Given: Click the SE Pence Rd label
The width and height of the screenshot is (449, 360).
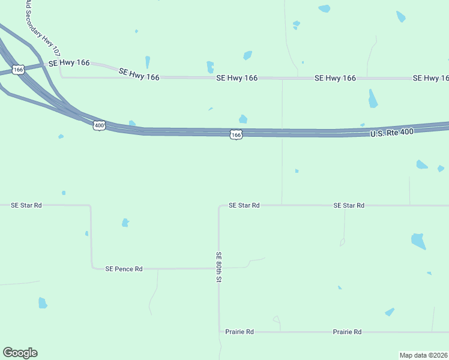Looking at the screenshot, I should [124, 269].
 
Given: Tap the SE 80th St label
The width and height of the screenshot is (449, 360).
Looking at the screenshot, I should [219, 267].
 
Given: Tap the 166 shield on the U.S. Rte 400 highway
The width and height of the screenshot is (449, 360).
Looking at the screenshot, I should [236, 135].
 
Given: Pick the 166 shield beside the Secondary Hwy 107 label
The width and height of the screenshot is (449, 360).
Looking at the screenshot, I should [19, 70].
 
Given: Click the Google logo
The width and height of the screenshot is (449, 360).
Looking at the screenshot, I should [20, 353].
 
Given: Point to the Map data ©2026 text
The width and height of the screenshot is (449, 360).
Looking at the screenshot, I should [423, 355].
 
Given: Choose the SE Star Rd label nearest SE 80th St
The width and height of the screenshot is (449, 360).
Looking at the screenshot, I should [244, 205].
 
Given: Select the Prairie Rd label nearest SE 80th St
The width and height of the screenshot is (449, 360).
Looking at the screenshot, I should [240, 332].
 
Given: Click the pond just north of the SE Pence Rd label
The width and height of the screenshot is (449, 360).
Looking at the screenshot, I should [125, 223].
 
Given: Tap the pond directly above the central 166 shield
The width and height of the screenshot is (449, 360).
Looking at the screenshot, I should [243, 119].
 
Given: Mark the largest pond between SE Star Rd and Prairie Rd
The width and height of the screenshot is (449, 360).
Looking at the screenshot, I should [418, 241].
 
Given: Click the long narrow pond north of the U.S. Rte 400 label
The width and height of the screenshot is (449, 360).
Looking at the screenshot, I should [373, 98].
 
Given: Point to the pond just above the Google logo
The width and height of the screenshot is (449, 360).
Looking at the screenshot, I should [43, 303].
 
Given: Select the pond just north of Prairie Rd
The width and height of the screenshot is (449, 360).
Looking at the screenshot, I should [390, 312].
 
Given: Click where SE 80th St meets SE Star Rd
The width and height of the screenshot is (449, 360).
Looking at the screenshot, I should [219, 205].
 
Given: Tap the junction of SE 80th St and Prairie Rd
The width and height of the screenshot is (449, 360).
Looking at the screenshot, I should [219, 332].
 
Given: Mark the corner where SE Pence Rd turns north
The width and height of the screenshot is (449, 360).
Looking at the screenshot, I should [92, 268].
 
